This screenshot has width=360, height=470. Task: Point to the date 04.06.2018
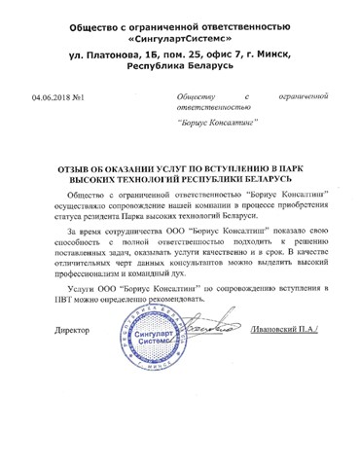pos(52,97)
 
